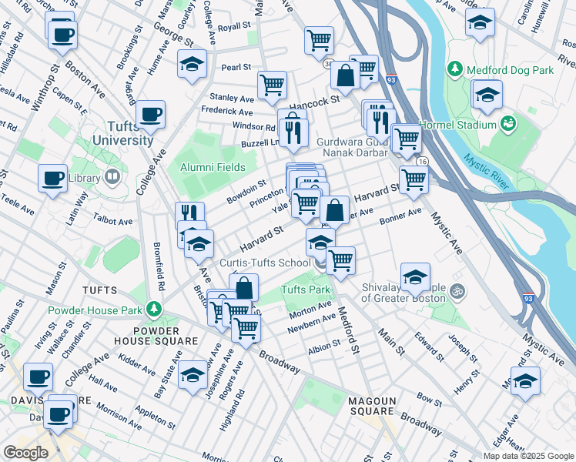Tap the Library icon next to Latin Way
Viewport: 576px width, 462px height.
point(112,178)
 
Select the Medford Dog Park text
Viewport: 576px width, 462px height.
point(511,70)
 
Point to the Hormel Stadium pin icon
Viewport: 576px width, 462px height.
point(507,124)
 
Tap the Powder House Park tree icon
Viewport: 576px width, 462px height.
point(155,310)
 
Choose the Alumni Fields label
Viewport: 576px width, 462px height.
point(213,167)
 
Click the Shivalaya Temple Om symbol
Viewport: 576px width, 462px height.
point(456,291)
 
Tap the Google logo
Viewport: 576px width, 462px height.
point(25,453)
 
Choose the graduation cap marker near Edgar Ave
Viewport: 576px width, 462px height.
point(525,381)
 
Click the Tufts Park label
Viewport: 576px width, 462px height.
point(306,290)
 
